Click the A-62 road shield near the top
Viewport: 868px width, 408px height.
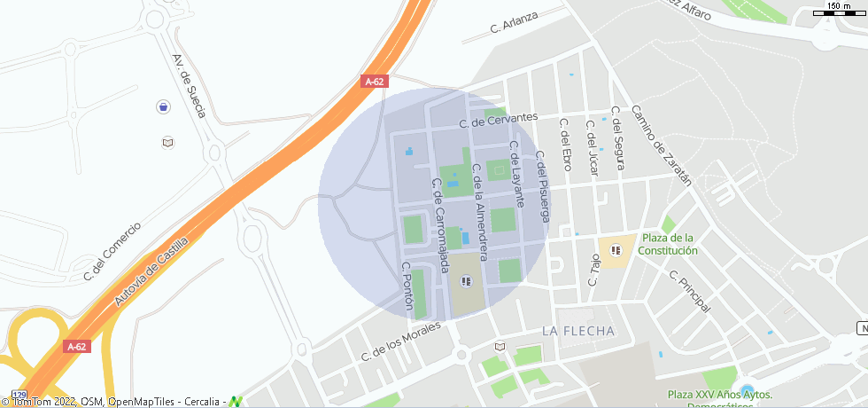tap(375, 82)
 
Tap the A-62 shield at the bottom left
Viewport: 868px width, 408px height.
tap(76, 347)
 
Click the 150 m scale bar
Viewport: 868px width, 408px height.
tap(838, 12)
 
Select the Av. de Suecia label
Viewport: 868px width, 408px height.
tap(190, 86)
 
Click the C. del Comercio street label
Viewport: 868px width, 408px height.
tap(112, 251)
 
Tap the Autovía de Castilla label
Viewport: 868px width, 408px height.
tap(151, 272)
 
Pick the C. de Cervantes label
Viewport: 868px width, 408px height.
tap(499, 119)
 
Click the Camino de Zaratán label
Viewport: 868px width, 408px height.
tap(661, 145)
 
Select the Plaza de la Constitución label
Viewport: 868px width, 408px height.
tap(670, 244)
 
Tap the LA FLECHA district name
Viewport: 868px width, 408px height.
tap(578, 331)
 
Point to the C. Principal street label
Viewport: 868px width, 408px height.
tap(689, 291)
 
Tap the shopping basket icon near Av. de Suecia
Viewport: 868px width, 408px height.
tap(163, 107)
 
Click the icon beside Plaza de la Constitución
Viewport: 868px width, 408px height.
tap(616, 250)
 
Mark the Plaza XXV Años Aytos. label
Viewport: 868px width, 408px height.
tap(720, 395)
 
